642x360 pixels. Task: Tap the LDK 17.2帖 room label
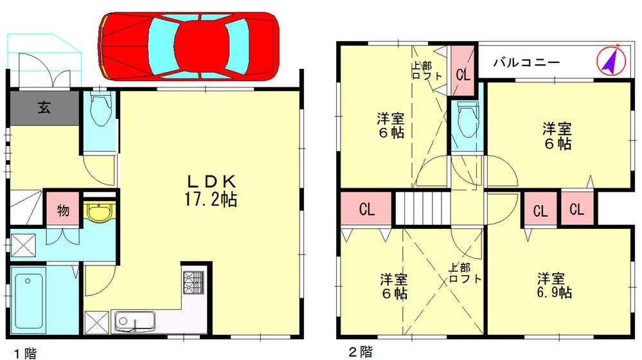[x=210, y=191]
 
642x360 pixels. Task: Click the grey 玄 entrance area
[x=44, y=107]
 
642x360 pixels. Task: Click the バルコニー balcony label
[x=526, y=62]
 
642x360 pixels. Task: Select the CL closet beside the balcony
[x=463, y=73]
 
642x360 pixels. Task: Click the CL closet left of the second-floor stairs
[x=367, y=210]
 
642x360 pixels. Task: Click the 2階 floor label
[x=359, y=352]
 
